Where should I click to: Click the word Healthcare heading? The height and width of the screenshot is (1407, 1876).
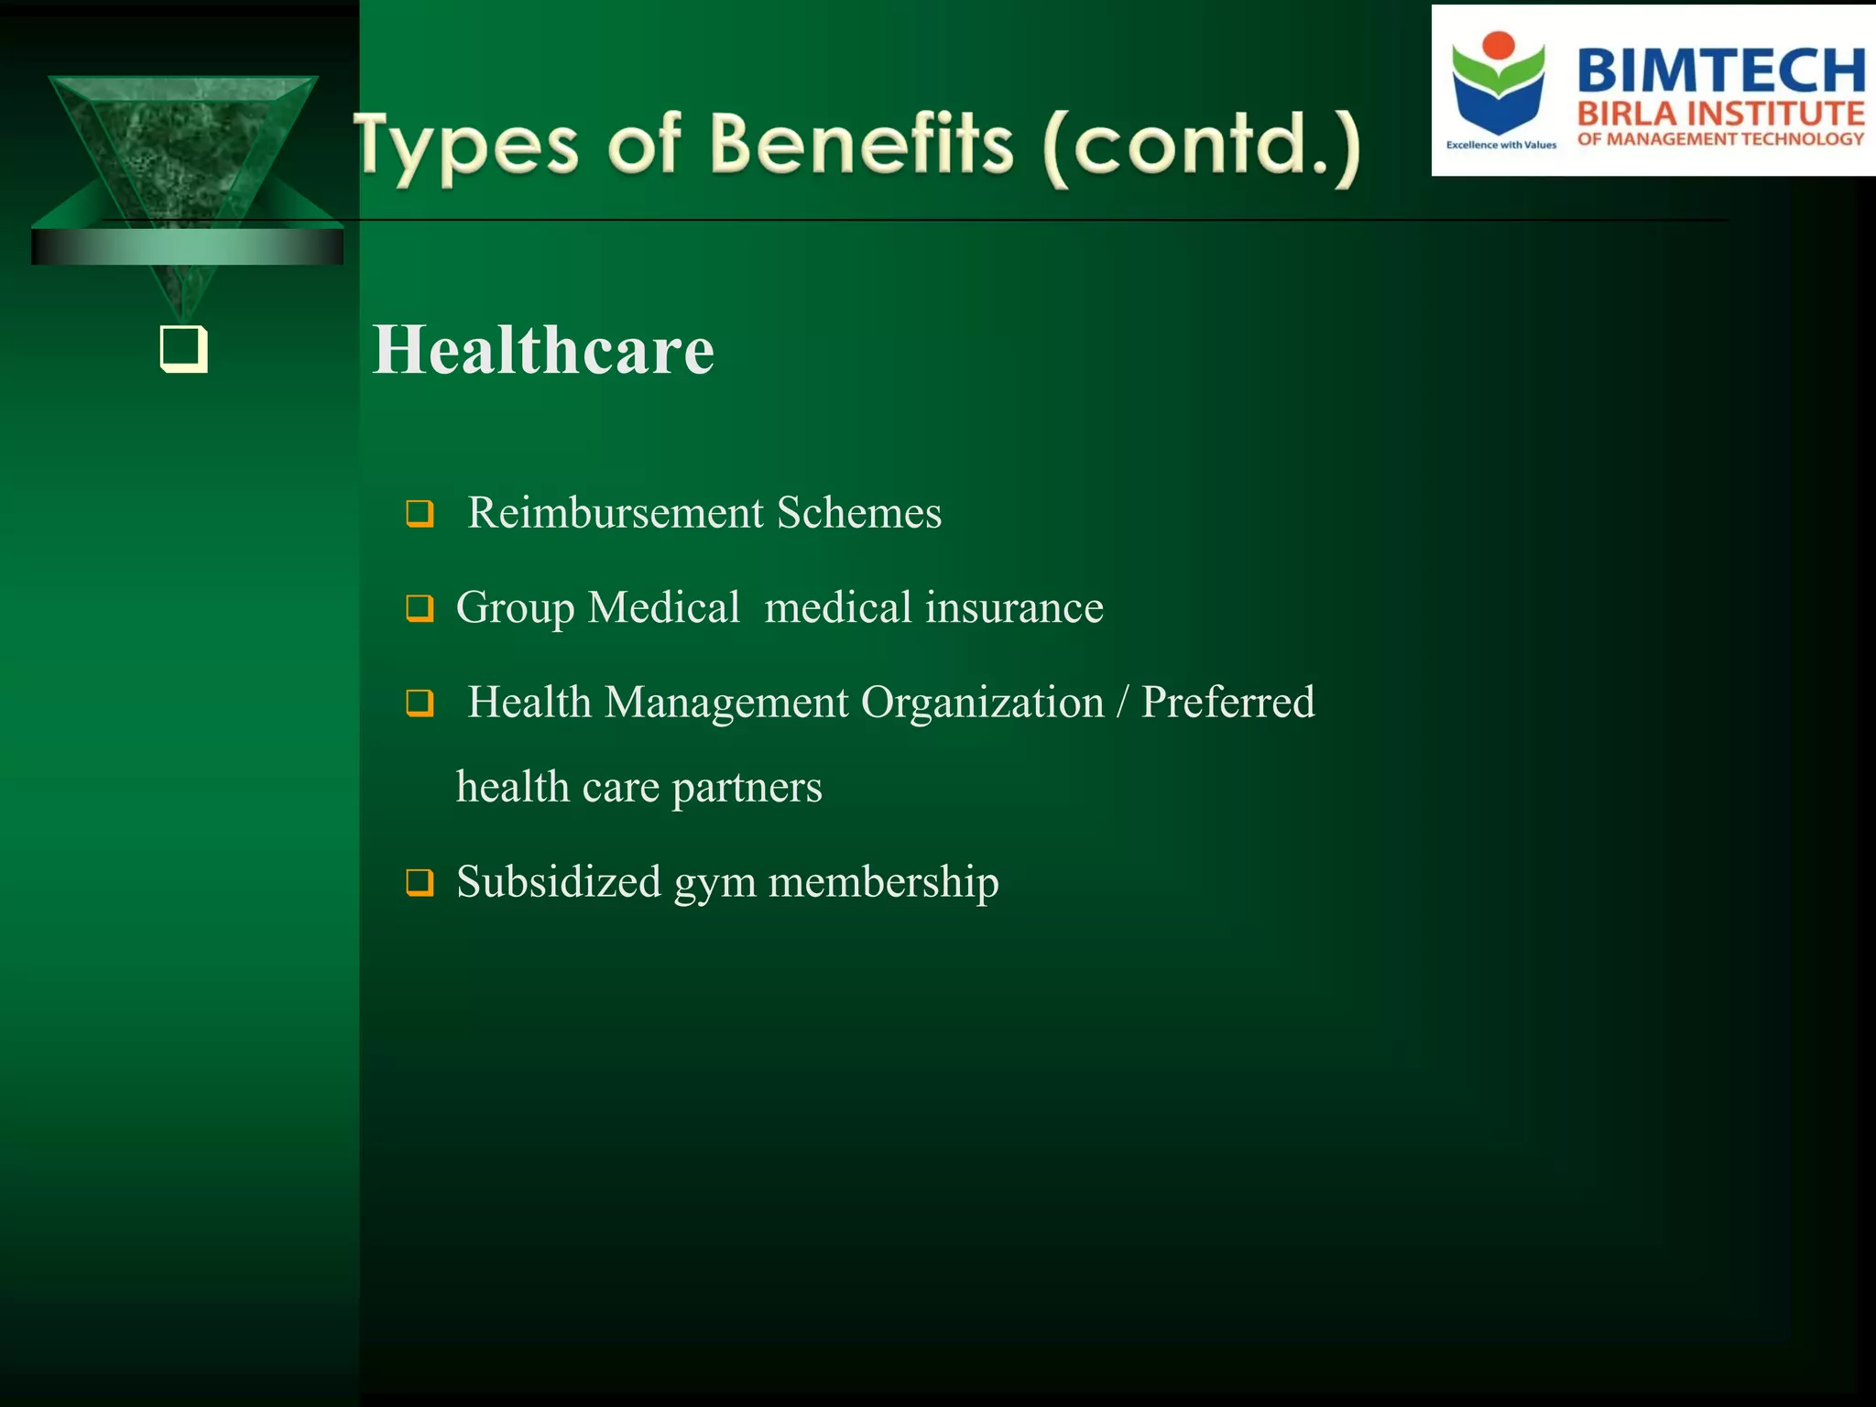(x=543, y=351)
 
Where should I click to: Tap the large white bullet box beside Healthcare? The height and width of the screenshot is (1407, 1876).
(x=183, y=349)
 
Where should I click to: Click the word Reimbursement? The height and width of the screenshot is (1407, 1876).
(x=616, y=513)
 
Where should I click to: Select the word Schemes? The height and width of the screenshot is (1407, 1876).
(x=859, y=513)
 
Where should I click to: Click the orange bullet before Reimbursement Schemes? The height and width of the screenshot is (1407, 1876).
(x=420, y=513)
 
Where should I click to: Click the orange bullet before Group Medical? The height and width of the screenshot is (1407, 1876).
(x=420, y=607)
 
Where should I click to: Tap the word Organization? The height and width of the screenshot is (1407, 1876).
(x=982, y=703)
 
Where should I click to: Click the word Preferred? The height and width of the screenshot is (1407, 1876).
(x=1227, y=703)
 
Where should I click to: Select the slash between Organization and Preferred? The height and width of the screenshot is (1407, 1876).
(x=1122, y=703)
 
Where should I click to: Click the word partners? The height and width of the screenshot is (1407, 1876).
(x=747, y=788)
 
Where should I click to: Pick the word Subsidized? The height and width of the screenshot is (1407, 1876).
(x=559, y=882)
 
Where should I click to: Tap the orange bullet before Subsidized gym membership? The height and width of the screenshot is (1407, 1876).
(x=420, y=882)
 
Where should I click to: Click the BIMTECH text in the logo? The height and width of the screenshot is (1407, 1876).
(x=1720, y=71)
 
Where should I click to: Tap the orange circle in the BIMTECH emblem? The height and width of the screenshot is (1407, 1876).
(x=1499, y=44)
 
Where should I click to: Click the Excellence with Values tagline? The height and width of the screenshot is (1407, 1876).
(x=1500, y=145)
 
